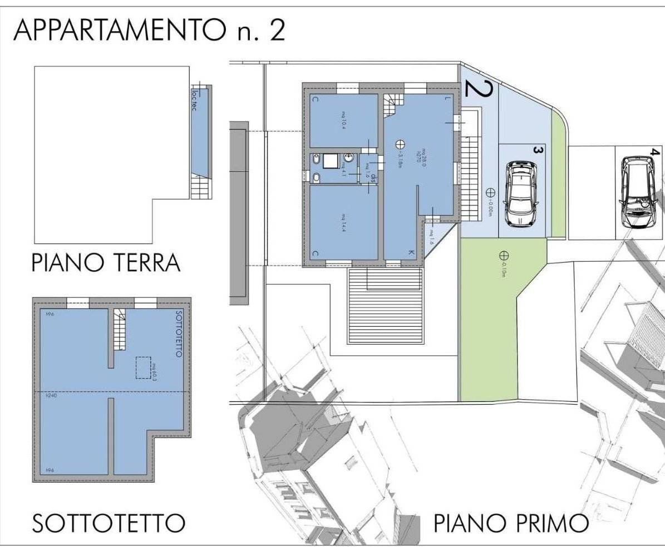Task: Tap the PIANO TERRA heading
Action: coord(106,262)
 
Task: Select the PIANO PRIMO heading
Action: coord(511,523)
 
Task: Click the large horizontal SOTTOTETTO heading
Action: coord(109,523)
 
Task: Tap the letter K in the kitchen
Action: coord(411,253)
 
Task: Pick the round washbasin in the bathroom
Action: coord(348,157)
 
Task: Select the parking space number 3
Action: coord(538,150)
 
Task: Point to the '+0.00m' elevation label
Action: coord(490,210)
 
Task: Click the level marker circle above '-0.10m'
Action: coord(504,256)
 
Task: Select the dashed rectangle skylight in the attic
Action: coord(144,368)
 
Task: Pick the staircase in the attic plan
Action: coord(120,330)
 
